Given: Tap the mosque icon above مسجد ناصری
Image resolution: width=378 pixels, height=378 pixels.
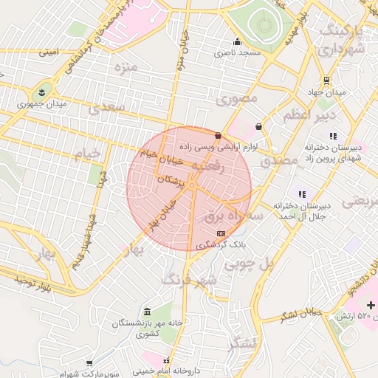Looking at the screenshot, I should [237, 41].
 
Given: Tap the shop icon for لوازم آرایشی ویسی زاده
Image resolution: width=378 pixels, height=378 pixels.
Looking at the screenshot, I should [218, 136].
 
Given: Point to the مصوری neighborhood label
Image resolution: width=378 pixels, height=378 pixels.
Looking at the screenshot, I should [237, 98].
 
